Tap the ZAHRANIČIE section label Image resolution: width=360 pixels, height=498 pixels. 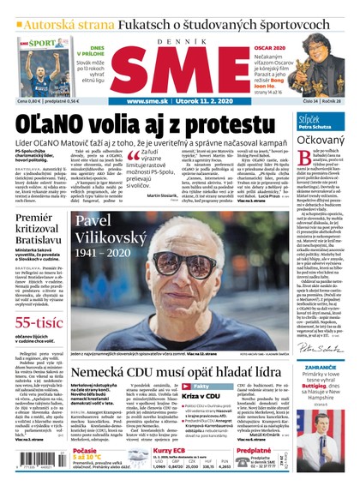321,370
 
